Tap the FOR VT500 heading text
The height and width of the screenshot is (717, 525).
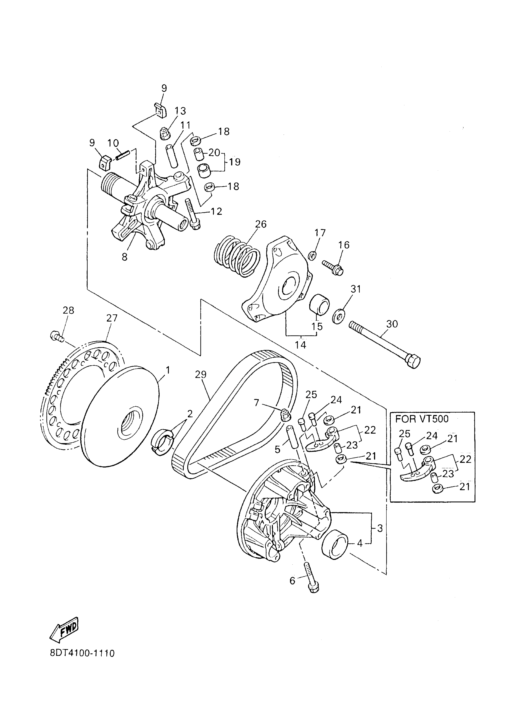pyautogui.click(x=422, y=419)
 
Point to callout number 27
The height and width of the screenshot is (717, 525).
pyautogui.click(x=112, y=318)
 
